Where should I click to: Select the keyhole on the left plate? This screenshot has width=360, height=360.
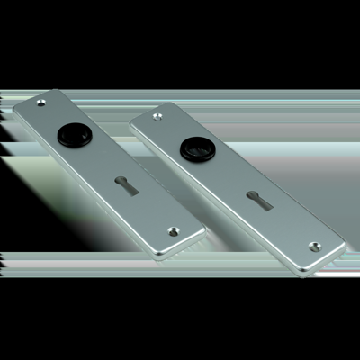click(124, 187)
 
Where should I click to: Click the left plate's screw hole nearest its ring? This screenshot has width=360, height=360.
click(38, 104)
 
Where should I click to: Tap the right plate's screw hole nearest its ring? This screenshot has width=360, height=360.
click(158, 116)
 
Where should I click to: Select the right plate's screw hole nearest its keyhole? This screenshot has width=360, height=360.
click(313, 245)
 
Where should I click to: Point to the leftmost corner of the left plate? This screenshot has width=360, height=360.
click(13, 112)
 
